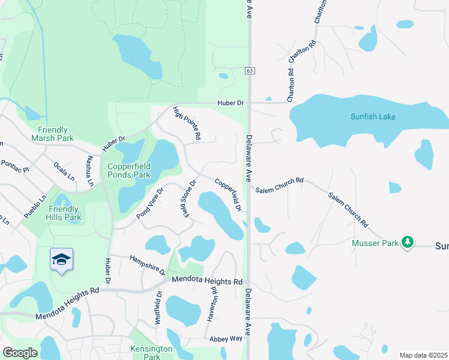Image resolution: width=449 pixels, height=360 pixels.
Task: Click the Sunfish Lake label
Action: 373,116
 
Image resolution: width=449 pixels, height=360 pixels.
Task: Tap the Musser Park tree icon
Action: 408,242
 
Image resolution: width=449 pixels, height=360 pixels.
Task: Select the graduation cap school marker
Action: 61,259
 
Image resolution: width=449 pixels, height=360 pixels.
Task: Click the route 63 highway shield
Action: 249,71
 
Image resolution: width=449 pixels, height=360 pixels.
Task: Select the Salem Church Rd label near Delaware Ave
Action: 280,185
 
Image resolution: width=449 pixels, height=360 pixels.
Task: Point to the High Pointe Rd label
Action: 187,124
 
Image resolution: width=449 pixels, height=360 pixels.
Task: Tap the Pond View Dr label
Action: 150,203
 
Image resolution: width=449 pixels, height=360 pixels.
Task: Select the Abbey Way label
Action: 226,339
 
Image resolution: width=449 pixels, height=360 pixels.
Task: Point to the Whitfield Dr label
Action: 159,308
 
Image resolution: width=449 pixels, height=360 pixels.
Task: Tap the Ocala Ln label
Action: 64,171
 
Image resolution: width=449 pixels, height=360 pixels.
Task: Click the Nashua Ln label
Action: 90,171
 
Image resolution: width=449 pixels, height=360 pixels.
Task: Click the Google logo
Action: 20,353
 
